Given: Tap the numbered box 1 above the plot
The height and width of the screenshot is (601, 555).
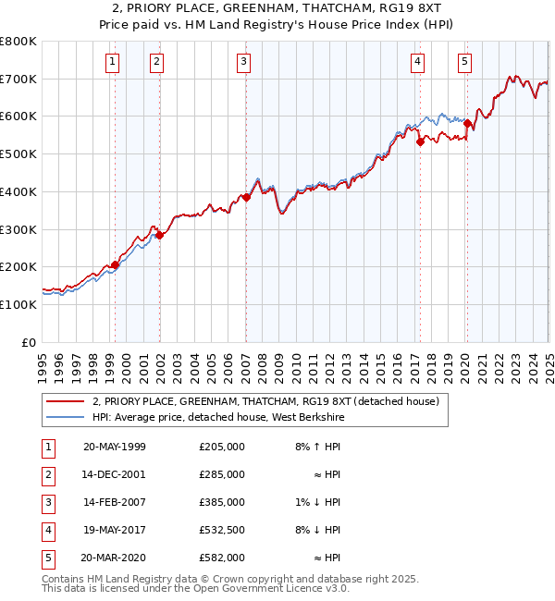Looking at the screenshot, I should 112,62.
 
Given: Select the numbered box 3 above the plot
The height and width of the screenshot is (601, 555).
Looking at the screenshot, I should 243,62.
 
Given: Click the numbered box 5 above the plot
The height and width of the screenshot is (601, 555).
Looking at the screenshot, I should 463,62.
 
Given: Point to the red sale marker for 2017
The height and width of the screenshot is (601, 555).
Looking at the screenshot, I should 420,141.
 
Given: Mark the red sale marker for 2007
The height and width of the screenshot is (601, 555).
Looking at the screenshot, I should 246,197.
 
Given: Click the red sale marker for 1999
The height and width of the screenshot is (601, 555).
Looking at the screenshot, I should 116,264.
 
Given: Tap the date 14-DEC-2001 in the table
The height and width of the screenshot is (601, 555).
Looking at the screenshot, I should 115,474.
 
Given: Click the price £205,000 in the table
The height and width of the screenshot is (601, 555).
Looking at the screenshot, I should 222,447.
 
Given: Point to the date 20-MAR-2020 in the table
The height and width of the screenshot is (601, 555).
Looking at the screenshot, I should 115,558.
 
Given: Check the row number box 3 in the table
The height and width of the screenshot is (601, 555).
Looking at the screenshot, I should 47,503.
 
